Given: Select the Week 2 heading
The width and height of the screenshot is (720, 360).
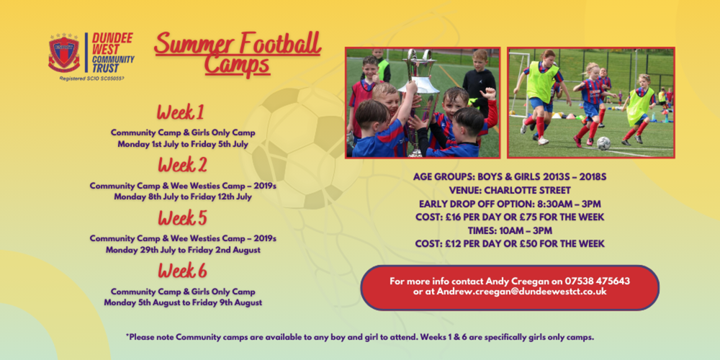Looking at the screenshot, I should [x=182, y=165].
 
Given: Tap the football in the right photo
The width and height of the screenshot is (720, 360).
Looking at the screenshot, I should [x=603, y=143].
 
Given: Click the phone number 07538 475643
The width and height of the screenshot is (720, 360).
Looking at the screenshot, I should [x=597, y=281].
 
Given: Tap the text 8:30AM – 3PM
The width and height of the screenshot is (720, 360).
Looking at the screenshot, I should [x=566, y=204].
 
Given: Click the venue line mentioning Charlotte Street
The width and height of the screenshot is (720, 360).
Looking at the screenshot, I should [x=509, y=191].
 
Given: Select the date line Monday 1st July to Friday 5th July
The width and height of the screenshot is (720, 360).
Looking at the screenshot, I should [x=183, y=144].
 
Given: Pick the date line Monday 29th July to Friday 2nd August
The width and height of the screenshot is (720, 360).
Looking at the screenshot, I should [x=183, y=250].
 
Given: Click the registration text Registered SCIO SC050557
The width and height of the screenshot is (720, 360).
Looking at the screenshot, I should [x=92, y=77].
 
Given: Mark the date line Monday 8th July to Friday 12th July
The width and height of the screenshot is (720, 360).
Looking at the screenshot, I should [x=183, y=197].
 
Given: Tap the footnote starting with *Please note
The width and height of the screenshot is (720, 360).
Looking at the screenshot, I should [x=360, y=336].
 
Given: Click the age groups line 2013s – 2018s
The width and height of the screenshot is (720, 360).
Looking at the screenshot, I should [x=509, y=177].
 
